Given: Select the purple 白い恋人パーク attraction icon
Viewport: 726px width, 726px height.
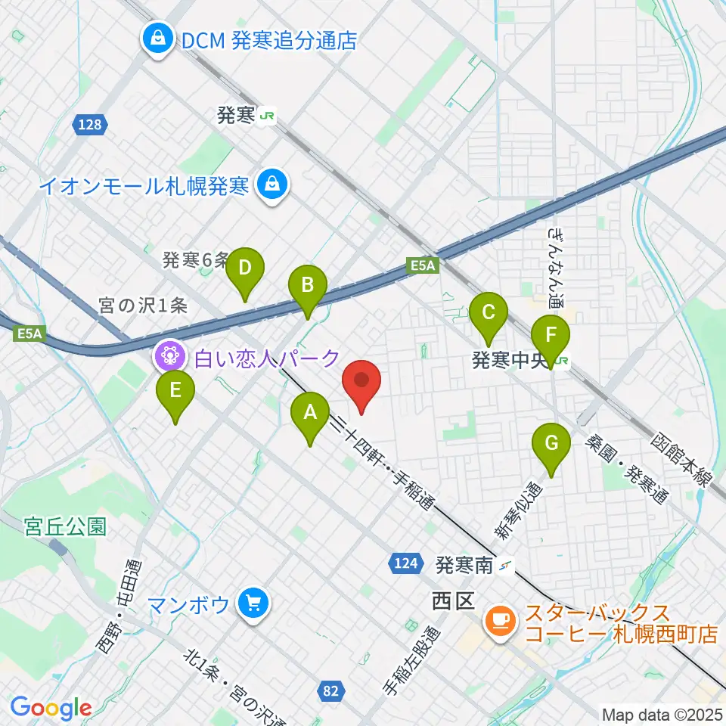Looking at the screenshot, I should pyautogui.click(x=168, y=356).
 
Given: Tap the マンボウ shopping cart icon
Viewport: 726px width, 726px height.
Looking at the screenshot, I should pyautogui.click(x=252, y=604).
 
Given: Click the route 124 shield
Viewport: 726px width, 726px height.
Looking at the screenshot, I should pyautogui.click(x=405, y=562).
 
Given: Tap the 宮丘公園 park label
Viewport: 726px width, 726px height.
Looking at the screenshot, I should pyautogui.click(x=54, y=526).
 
